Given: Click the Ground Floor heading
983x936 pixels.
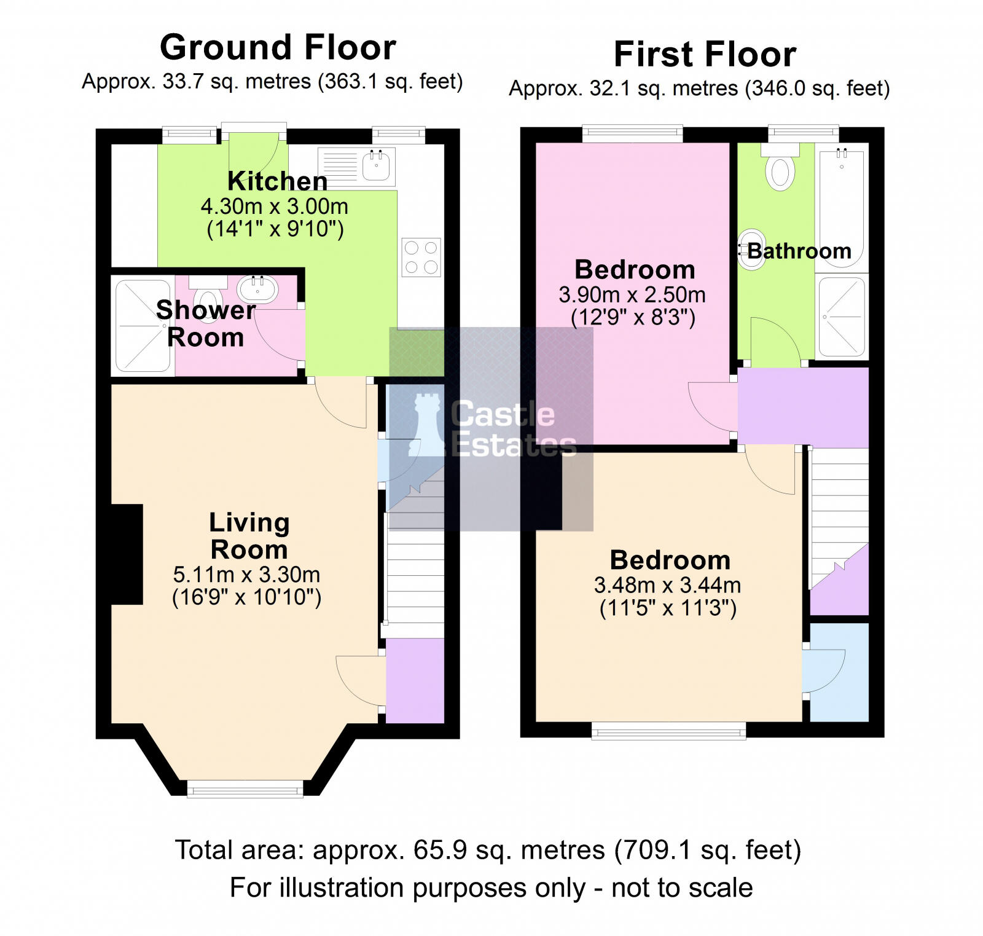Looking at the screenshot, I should point(278,47).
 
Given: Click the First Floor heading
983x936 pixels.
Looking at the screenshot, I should point(705,54).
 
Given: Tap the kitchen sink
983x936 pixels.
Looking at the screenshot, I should point(377,166).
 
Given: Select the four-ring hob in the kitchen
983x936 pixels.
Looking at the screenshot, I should point(421,257).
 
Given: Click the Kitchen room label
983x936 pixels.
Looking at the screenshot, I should point(277,181).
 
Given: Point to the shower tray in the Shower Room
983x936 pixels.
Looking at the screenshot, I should point(143,326).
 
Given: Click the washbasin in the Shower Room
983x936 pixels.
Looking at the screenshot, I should point(257,289).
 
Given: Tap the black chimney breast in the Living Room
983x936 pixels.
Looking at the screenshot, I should point(127,554).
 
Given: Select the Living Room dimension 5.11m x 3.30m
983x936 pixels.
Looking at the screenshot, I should point(246,575).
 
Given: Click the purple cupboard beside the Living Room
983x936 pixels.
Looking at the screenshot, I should point(415,680).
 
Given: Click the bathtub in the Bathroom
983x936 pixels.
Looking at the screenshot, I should point(841,206).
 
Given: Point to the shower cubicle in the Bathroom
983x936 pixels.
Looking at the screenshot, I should point(841,317).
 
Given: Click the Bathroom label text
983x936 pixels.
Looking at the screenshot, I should point(799,251).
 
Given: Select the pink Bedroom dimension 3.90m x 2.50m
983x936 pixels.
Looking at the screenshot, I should point(632,295).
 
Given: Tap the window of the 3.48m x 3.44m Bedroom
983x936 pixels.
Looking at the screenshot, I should point(668,730).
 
